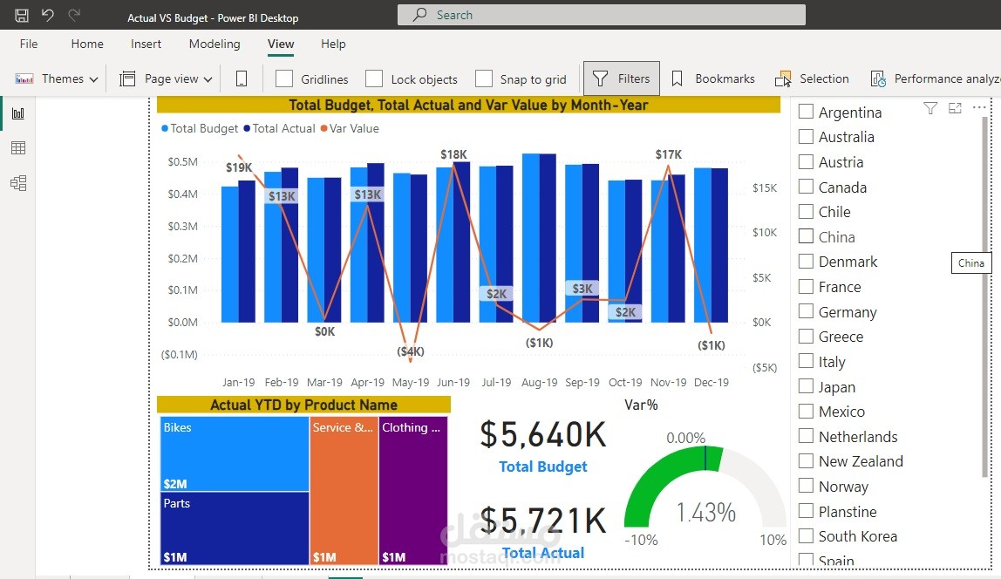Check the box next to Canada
click(x=806, y=187)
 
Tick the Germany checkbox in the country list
click(x=806, y=311)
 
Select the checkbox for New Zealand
click(x=806, y=461)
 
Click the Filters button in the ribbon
click(x=622, y=78)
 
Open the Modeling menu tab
click(x=214, y=44)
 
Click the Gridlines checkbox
click(x=284, y=78)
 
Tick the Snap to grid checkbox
click(x=484, y=78)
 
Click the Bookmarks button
click(x=712, y=78)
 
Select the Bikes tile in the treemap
click(x=235, y=453)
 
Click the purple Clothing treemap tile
click(x=413, y=489)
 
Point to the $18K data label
click(x=453, y=154)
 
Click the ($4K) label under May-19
click(x=411, y=351)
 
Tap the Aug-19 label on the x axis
click(x=540, y=382)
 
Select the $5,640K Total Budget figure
click(x=542, y=434)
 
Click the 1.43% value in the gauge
click(x=705, y=512)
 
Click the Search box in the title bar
click(x=601, y=15)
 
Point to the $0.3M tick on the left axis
click(x=183, y=226)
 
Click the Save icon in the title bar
click(x=22, y=16)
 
